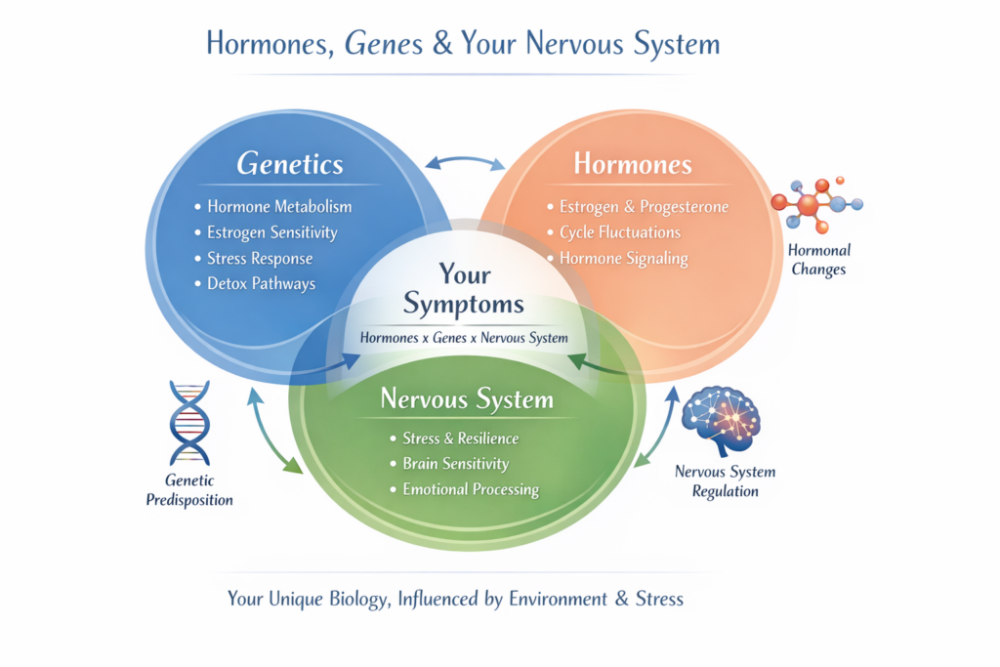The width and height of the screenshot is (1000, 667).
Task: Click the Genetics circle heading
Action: [290, 164]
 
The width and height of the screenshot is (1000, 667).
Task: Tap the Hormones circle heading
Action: [632, 164]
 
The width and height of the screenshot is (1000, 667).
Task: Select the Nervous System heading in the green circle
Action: [467, 399]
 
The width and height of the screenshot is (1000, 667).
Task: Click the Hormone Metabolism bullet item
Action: [279, 207]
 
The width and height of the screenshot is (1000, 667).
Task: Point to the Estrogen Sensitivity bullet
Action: [271, 232]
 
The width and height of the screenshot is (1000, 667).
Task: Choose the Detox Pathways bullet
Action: [261, 283]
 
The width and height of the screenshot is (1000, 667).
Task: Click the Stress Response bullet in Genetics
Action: [260, 258]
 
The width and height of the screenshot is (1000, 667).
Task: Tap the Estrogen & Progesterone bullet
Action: [644, 207]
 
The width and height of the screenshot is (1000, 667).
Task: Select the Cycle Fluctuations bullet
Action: [619, 232]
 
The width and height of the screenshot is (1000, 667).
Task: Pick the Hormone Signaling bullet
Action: [623, 259]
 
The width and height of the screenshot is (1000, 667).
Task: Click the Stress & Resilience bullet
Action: [460, 438]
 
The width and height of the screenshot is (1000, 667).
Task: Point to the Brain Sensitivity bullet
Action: [455, 464]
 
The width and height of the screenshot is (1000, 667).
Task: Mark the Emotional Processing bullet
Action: [471, 489]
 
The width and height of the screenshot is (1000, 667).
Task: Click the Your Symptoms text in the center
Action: [464, 289]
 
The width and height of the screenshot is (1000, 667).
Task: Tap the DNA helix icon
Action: [189, 422]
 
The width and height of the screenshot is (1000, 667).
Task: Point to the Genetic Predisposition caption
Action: [189, 491]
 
